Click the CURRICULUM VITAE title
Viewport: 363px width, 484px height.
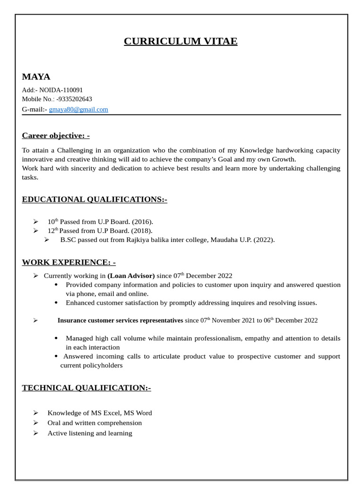tap(181, 42)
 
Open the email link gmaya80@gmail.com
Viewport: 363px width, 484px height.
tap(78, 110)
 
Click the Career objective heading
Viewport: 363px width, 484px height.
tap(55, 136)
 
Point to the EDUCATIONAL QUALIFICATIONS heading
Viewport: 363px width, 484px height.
tap(95, 199)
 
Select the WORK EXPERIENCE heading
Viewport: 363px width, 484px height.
tap(69, 262)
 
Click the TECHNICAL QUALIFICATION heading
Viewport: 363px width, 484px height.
tap(86, 388)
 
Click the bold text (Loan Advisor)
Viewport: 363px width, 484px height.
tap(131, 276)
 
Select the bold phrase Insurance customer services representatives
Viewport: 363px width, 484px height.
tap(120, 320)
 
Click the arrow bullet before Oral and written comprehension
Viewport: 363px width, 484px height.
tap(35, 423)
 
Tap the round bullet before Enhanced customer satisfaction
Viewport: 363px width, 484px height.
tap(56, 302)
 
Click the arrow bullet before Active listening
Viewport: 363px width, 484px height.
tap(35, 433)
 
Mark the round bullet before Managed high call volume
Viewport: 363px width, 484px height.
tap(56, 338)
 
